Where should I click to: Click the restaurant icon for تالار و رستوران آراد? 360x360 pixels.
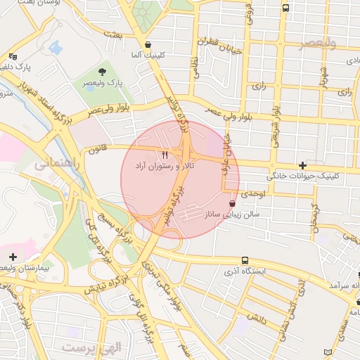coord(165,154)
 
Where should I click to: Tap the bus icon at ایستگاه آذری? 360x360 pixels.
coord(245,260)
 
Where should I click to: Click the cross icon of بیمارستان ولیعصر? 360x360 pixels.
coord(13,257)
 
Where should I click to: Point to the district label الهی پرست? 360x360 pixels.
coord(91,347)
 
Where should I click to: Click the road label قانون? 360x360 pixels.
coord(97,149)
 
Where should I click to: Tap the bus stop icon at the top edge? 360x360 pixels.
coord(285,8)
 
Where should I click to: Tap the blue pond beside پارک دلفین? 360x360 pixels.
coord(56,48)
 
